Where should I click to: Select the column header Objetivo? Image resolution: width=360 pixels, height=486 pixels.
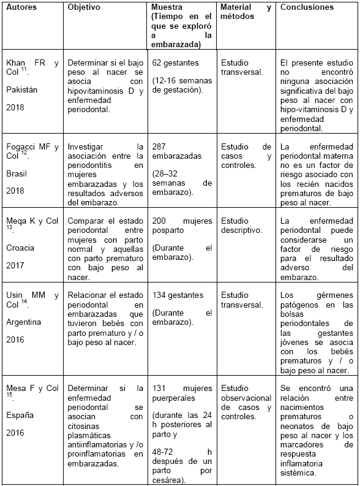pos(85,7)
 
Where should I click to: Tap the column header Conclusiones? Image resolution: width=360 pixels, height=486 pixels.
pos(307,7)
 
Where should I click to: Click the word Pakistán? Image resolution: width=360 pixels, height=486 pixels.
pos(22,89)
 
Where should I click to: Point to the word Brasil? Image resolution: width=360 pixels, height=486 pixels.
pos(17,173)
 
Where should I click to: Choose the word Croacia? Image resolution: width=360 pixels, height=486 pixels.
pos(20,248)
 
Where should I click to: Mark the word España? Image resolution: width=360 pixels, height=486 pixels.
pos(20,415)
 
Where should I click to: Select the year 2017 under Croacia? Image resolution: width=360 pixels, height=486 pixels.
pos(15,266)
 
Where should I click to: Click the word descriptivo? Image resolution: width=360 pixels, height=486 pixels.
pos(241,230)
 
